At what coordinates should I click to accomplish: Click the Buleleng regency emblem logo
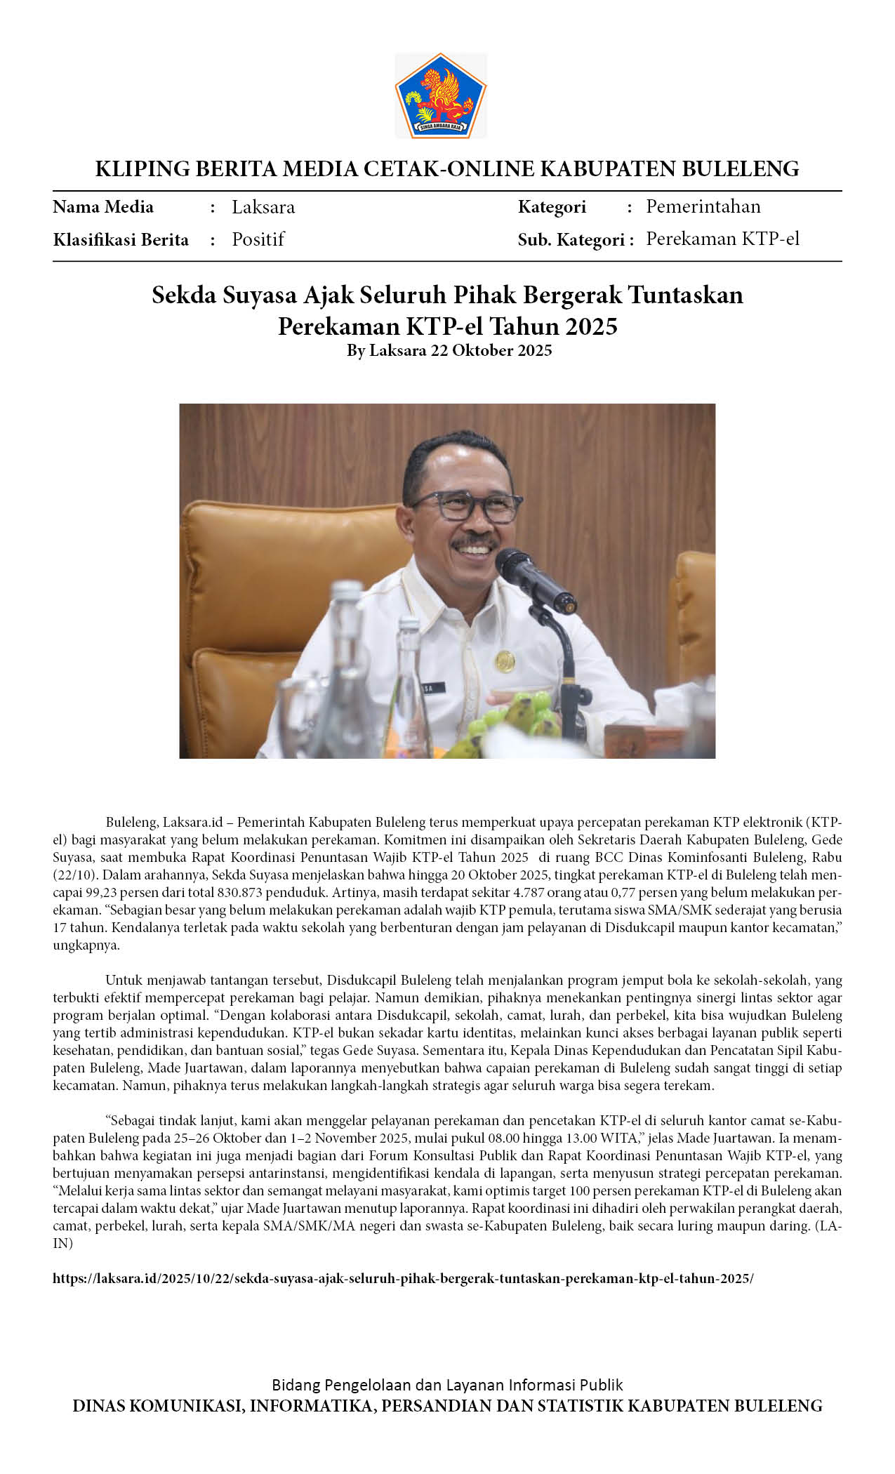click(x=440, y=95)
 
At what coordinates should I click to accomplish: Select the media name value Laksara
click(x=263, y=207)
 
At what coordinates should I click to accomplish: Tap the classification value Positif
click(x=258, y=239)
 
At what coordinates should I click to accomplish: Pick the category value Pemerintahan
click(x=703, y=206)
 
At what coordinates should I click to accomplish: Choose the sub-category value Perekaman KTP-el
click(x=722, y=239)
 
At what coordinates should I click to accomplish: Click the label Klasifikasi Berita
click(x=121, y=240)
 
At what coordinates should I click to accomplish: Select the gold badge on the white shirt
click(x=505, y=660)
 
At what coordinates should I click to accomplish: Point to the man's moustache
click(x=475, y=543)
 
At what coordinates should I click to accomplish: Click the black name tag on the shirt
click(x=425, y=689)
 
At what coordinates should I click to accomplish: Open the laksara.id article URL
click(x=403, y=1278)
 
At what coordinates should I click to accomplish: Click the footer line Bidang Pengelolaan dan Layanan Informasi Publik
click(x=447, y=1385)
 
